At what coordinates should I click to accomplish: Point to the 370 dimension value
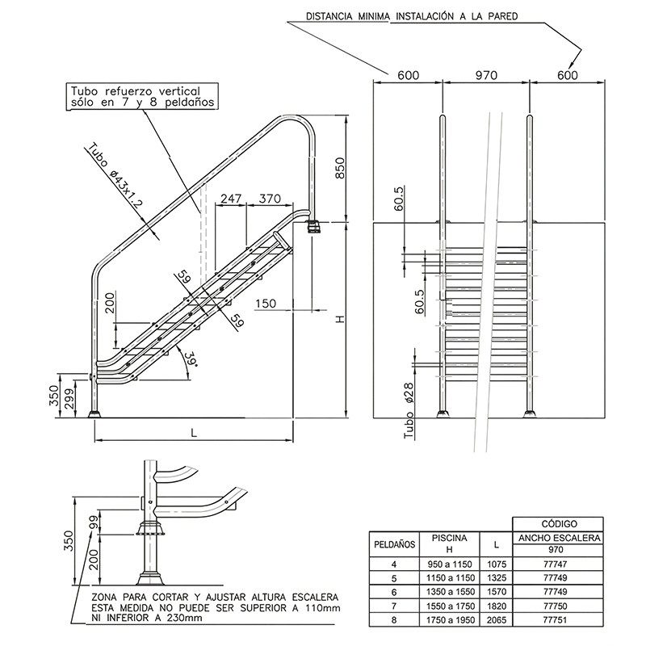pos(270,198)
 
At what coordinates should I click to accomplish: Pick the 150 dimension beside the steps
pos(266,303)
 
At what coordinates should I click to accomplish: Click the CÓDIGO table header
pos(557,523)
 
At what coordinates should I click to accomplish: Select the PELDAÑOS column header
pos(394,543)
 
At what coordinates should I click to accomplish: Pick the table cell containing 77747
pos(557,564)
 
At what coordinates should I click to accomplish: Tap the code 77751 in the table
pos(557,619)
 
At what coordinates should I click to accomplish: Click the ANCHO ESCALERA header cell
pos(557,537)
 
